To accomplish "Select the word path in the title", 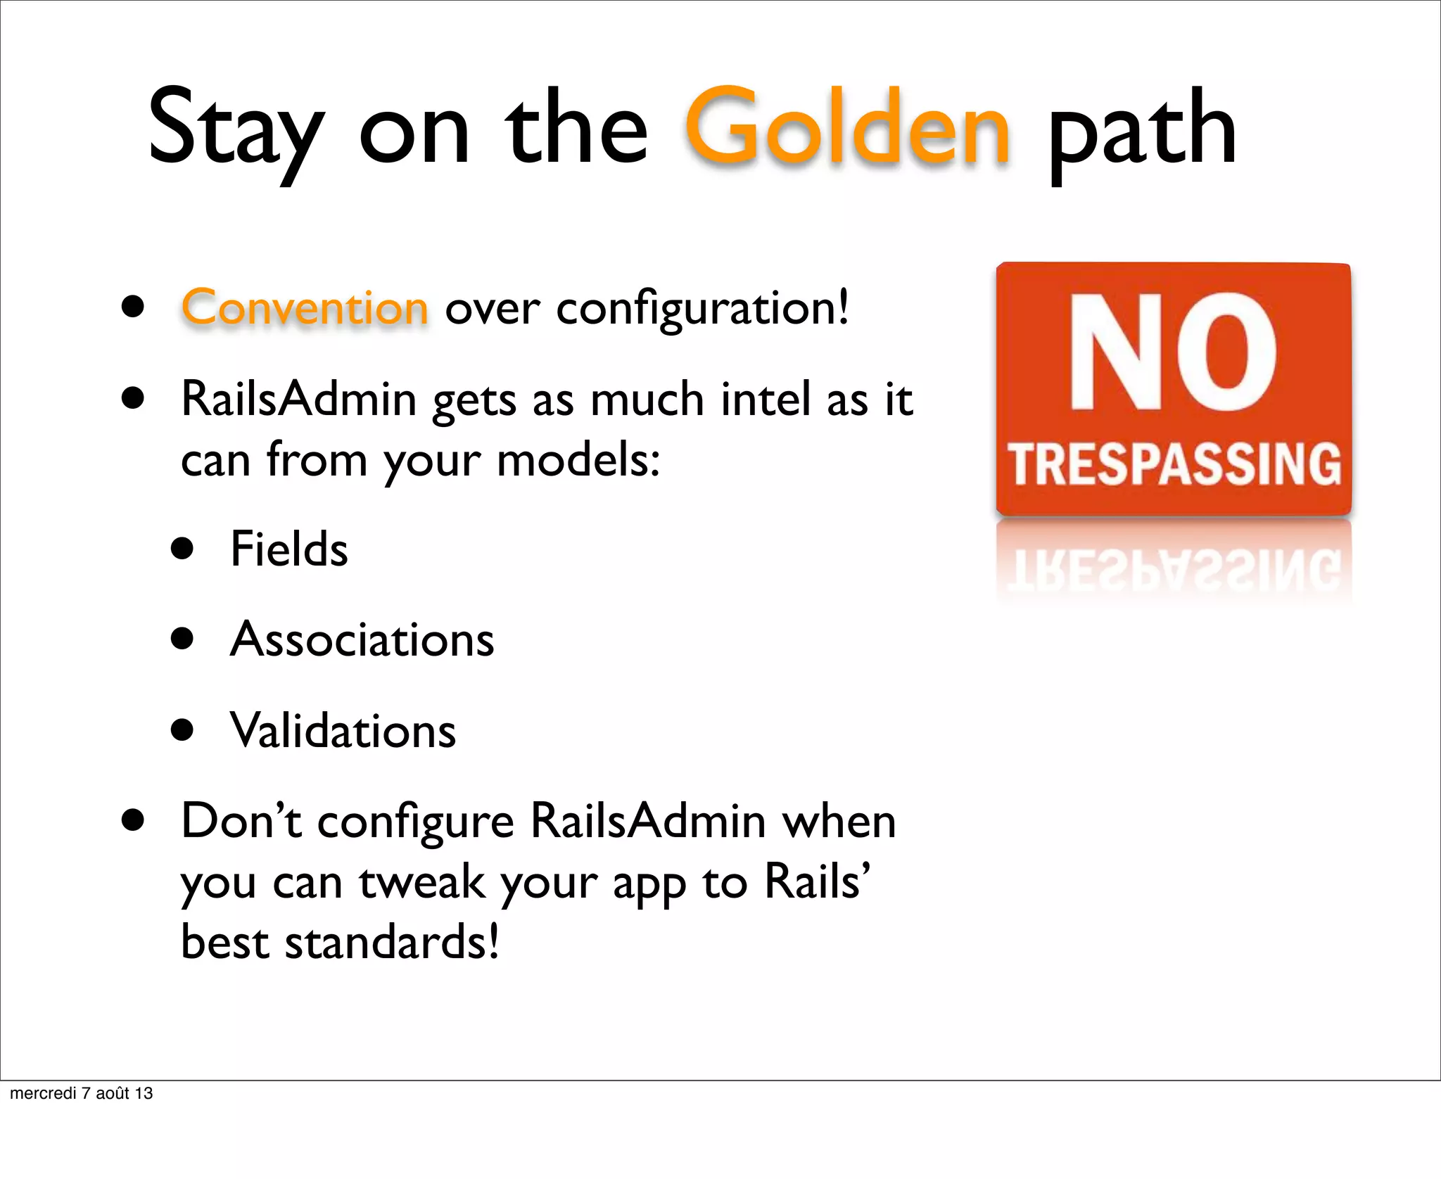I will click(x=1141, y=130).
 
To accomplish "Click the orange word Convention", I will click(x=305, y=308).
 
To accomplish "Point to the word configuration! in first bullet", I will click(x=702, y=310).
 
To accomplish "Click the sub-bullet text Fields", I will click(x=289, y=549).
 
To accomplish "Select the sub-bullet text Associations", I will click(x=362, y=639).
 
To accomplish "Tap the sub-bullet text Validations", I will click(x=343, y=730).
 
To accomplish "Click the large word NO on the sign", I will click(x=1172, y=351).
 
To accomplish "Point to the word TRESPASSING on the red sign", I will click(x=1174, y=464).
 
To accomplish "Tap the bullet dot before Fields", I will click(x=182, y=549).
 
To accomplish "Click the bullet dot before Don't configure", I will click(x=132, y=820).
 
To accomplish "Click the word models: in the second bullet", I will click(x=578, y=460).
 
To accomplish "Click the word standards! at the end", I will click(x=392, y=943).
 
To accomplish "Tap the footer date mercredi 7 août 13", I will click(x=81, y=1093).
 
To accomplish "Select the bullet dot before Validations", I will click(x=182, y=730).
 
